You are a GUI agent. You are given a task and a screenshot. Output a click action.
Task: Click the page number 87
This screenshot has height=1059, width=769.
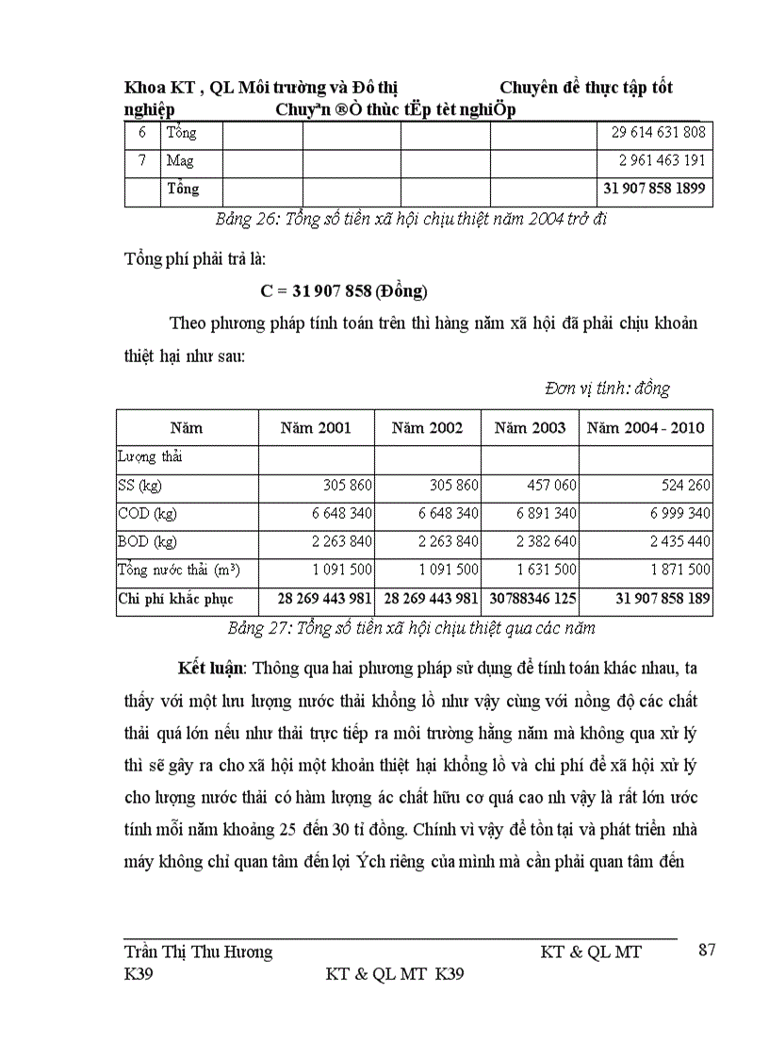pos(706,950)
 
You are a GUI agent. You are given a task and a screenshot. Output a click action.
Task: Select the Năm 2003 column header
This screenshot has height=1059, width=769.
pos(531,427)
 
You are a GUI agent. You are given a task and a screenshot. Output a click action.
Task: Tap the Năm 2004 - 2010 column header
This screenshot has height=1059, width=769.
pos(646,427)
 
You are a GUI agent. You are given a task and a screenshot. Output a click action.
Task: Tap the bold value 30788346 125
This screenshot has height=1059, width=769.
pos(530,599)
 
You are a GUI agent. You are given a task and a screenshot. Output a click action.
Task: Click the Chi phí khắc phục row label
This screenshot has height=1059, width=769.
pos(175,599)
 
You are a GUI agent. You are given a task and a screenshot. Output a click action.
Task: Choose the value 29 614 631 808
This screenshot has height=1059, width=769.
pos(651,133)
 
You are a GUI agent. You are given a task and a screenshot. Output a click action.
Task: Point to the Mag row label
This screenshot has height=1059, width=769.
pos(180,160)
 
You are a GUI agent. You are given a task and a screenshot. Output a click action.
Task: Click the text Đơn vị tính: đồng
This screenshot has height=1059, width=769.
pos(608,389)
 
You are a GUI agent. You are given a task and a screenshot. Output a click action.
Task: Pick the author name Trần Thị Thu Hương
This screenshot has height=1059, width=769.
pos(199,951)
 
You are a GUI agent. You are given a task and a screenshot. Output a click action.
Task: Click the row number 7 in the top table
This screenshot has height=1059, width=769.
pos(141,160)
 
